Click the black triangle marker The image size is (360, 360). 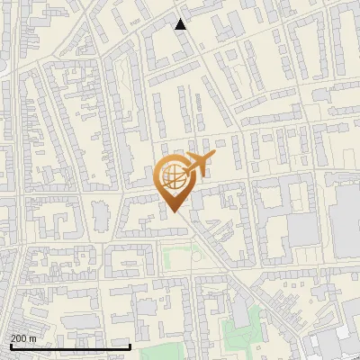coord(181,23)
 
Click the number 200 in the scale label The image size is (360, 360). coord(18,338)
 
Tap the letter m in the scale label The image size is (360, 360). coord(33,338)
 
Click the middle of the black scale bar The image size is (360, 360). coord(70,346)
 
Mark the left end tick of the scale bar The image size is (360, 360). coord(10,346)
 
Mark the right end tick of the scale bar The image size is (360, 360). coord(130,346)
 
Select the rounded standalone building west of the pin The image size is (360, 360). coord(99,213)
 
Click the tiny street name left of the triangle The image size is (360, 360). coord(135,18)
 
